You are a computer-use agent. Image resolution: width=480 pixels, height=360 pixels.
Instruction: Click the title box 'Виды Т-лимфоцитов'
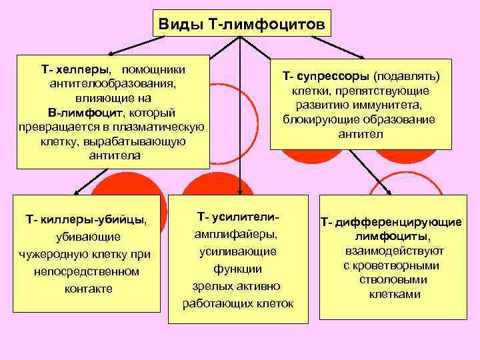242,25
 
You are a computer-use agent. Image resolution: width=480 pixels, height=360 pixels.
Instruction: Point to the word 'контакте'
89,289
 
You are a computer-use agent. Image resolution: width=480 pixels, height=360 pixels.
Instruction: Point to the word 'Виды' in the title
179,25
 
